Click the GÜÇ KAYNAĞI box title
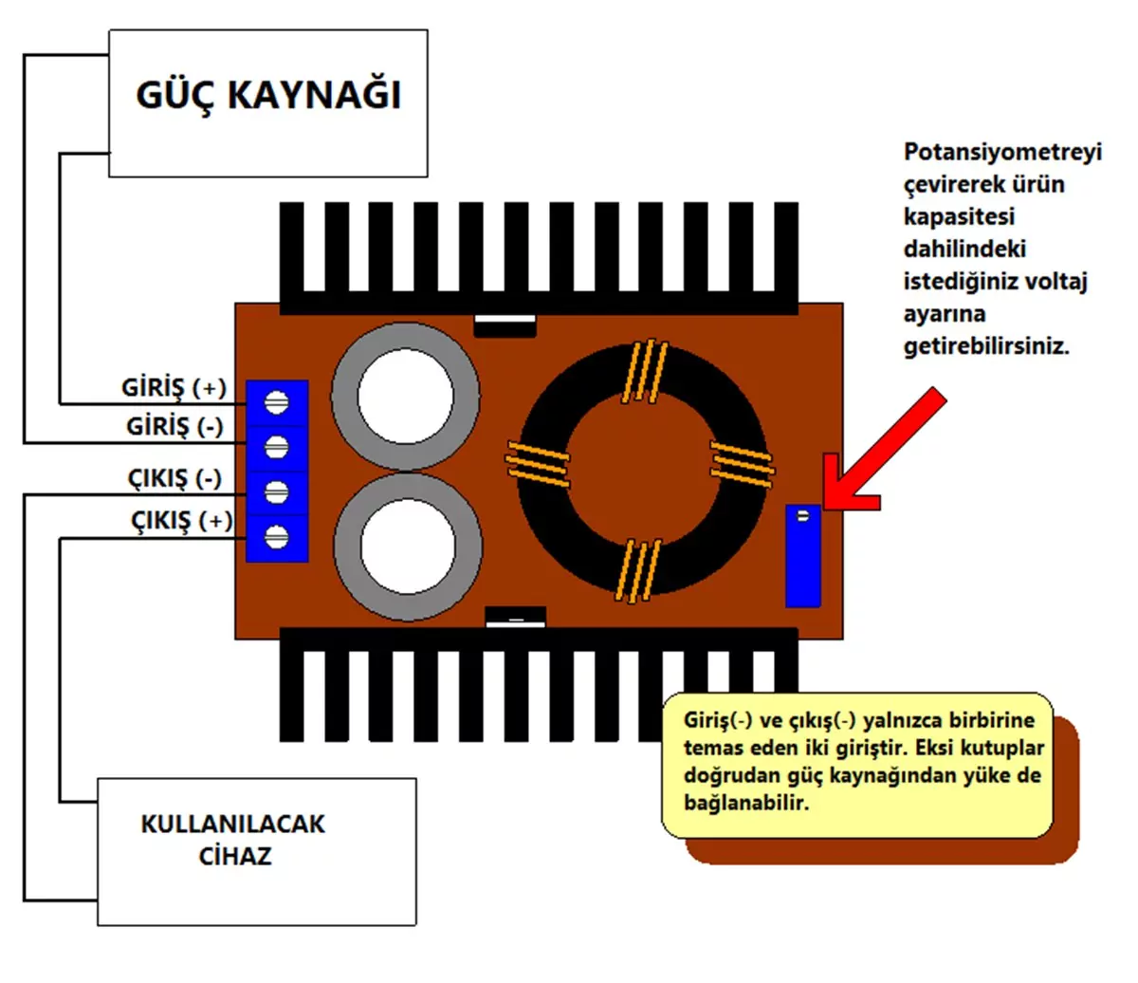pyautogui.click(x=268, y=96)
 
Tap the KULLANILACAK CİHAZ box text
pyautogui.click(x=233, y=840)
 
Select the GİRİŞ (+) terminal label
pyautogui.click(x=174, y=388)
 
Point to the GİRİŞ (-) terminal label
pyautogui.click(x=174, y=427)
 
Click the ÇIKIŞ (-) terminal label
pyautogui.click(x=174, y=478)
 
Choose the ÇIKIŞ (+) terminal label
pyautogui.click(x=181, y=521)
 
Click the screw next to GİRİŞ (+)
pyautogui.click(x=276, y=402)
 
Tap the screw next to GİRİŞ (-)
pyautogui.click(x=276, y=446)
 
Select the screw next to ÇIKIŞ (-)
pyautogui.click(x=276, y=491)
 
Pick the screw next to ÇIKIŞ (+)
pyautogui.click(x=276, y=536)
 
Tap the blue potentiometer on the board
pyautogui.click(x=802, y=556)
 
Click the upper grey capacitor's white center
pyautogui.click(x=405, y=396)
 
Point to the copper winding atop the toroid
pyautogui.click(x=646, y=371)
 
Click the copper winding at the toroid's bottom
pyautogui.click(x=637, y=569)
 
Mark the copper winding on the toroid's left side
pyautogui.click(x=538, y=464)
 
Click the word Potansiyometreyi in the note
pyautogui.click(x=1002, y=153)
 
